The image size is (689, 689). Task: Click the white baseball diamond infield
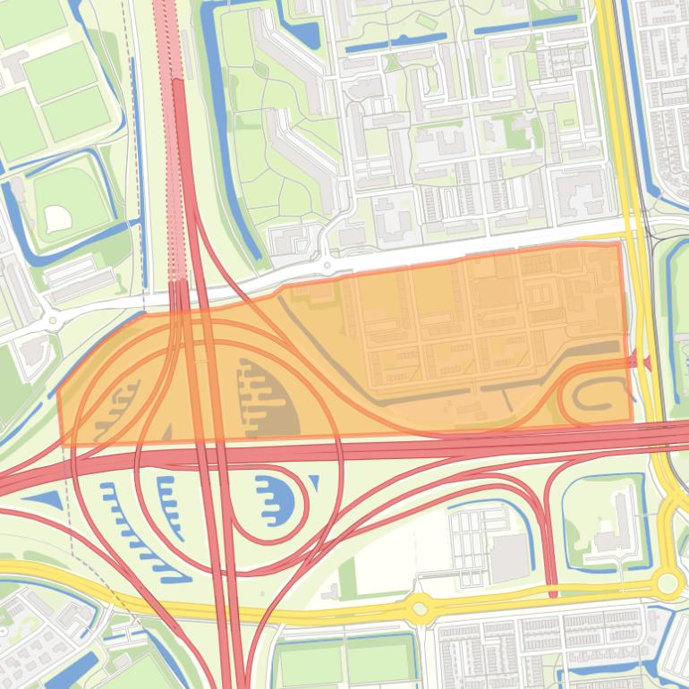click(56, 216)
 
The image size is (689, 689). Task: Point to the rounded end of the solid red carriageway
click(177, 83)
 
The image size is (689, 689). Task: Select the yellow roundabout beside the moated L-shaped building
click(667, 584)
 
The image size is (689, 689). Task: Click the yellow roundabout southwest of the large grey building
click(418, 608)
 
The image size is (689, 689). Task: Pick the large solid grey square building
click(510, 557)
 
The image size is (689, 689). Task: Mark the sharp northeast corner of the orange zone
click(619, 243)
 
